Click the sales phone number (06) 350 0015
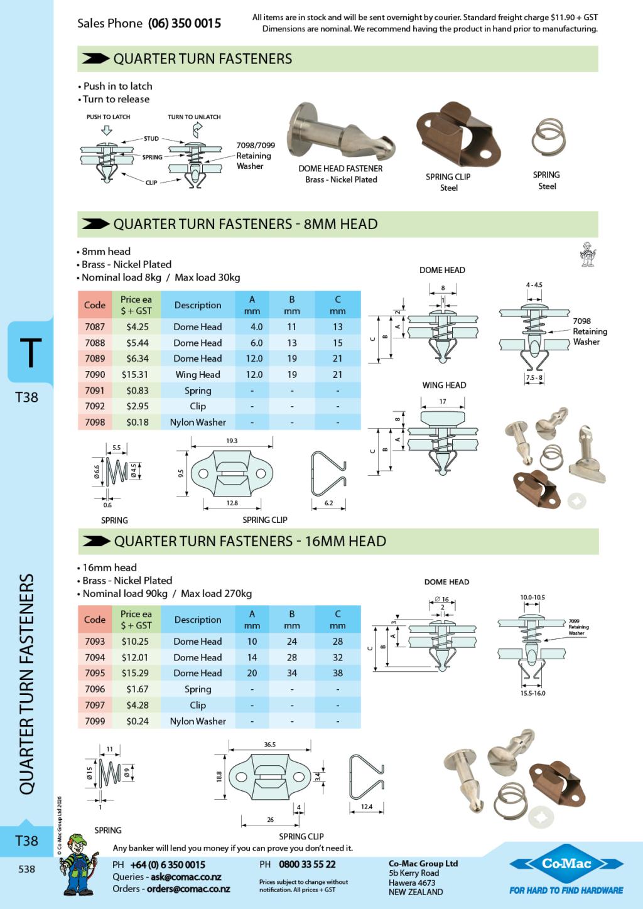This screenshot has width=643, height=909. (x=184, y=23)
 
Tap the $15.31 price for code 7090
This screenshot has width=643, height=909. (x=135, y=375)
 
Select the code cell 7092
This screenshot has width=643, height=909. (x=95, y=406)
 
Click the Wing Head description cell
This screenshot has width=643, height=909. (x=198, y=375)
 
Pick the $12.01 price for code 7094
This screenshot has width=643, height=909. (x=136, y=657)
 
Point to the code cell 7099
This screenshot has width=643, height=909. (x=95, y=721)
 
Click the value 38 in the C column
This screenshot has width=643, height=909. (x=338, y=673)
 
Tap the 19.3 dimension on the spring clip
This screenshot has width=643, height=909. (x=232, y=441)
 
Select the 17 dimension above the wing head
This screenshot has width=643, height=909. (x=443, y=401)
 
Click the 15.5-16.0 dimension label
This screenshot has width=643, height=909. (x=533, y=693)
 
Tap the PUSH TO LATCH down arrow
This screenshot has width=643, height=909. (x=106, y=130)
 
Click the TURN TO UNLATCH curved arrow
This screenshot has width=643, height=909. (x=197, y=130)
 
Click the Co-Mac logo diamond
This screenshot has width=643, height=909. (x=566, y=864)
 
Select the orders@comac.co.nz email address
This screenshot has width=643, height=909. (x=188, y=889)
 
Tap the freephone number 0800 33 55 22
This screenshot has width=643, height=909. (x=307, y=864)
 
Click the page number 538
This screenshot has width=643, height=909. (x=27, y=869)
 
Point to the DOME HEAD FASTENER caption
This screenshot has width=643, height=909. (x=340, y=168)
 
